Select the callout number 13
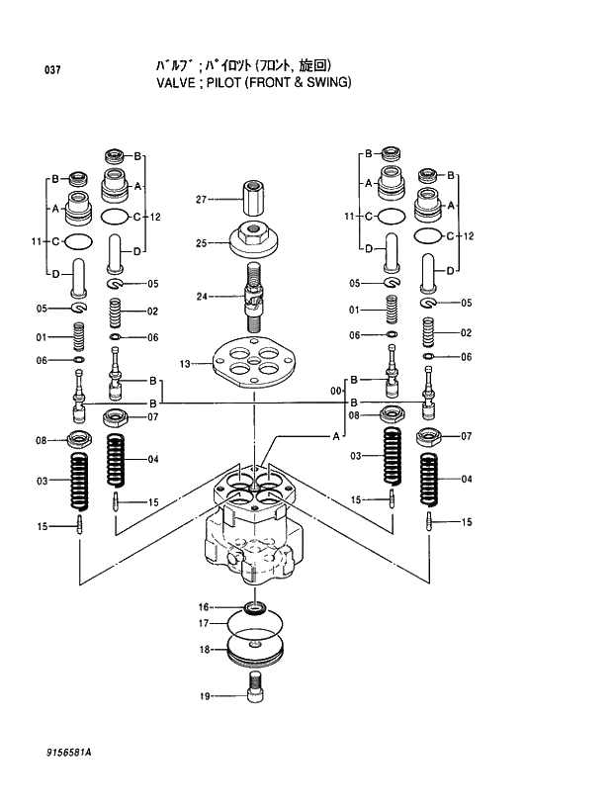[x=184, y=364]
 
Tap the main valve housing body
[x=253, y=539]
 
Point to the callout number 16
[x=204, y=606]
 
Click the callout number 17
[x=204, y=623]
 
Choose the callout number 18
[x=204, y=650]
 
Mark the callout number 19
[x=204, y=696]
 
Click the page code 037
[x=53, y=70]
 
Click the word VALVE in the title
[x=175, y=83]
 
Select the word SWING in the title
[x=324, y=83]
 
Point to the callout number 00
[x=336, y=391]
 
